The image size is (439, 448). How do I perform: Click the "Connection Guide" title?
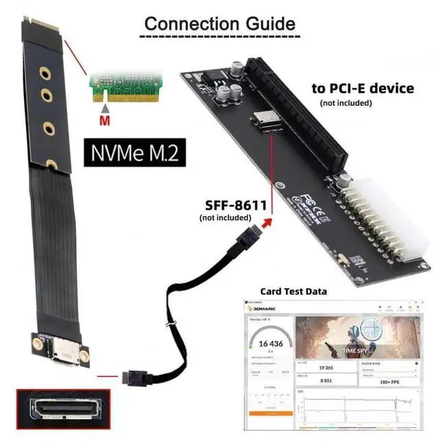click(219, 23)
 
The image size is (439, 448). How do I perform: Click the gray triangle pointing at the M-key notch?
click(105, 108)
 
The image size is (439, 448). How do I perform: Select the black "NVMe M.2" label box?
click(130, 153)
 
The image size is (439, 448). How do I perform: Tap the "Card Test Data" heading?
click(293, 292)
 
